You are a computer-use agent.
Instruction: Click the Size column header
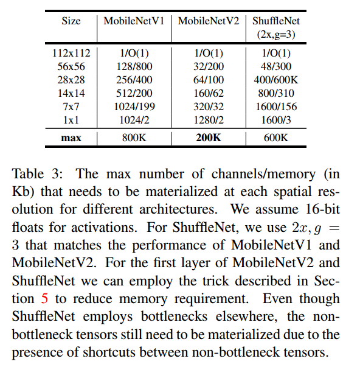[x=71, y=21]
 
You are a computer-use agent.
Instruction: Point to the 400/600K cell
[x=277, y=80]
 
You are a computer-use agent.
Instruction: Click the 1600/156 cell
[x=277, y=107]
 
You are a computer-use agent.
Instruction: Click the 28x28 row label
[x=71, y=80]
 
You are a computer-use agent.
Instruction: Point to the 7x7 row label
[x=71, y=107]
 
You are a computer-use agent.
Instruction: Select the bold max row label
[x=71, y=138]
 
